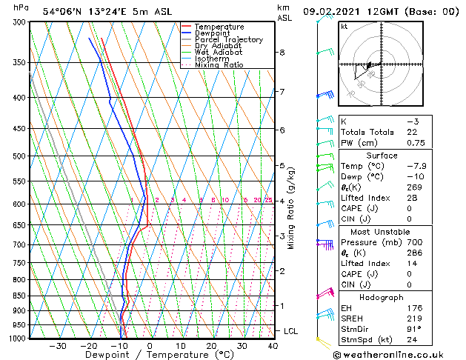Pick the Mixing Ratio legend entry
219,65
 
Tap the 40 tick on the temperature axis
273,346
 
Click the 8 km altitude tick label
282,53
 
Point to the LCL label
290,331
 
